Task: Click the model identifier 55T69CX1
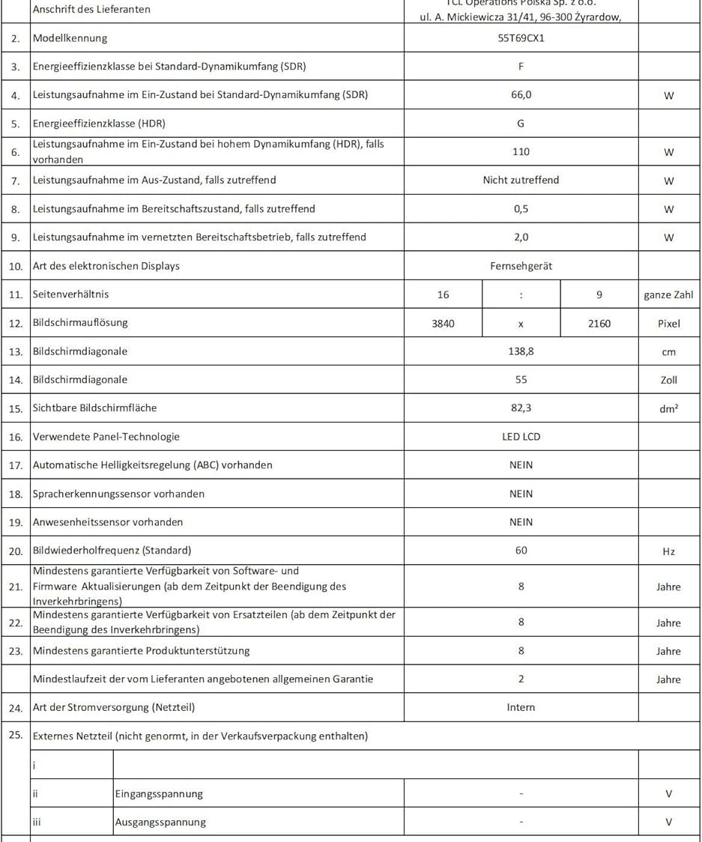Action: (521, 37)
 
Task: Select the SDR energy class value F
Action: (521, 66)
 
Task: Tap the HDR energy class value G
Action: (521, 124)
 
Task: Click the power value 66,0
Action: (521, 95)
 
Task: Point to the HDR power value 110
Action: (521, 152)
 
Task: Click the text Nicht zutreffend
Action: (521, 181)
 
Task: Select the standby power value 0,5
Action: (521, 209)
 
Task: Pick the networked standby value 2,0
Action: (521, 237)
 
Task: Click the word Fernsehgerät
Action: (521, 266)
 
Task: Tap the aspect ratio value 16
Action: (443, 295)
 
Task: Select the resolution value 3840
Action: (443, 324)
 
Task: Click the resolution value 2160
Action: (599, 324)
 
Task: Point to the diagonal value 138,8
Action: (521, 351)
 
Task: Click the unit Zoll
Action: (668, 381)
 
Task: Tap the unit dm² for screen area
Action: (668, 409)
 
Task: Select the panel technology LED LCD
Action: (521, 437)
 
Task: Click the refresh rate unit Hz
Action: (668, 552)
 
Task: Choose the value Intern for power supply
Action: (521, 707)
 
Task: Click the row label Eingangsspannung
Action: (159, 794)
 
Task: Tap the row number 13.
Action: (16, 352)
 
